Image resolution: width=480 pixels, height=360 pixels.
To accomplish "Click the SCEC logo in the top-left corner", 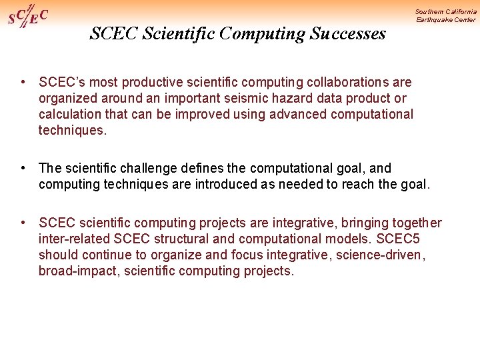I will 27,17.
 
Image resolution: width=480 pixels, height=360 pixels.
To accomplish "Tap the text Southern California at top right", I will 445,11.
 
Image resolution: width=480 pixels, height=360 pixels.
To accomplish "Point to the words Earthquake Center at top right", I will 446,20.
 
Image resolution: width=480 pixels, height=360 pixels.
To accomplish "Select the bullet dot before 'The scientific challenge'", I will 23,168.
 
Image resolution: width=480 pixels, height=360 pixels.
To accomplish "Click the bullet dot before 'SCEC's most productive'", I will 23,82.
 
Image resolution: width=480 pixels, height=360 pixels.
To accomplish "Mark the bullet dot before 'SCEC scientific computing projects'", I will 23,223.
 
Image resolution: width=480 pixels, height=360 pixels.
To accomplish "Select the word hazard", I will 292,99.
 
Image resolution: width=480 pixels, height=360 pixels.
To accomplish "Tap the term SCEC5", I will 398,239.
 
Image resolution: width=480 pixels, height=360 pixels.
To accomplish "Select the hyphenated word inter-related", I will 73,239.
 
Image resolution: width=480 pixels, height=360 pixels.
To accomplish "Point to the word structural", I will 175,239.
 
